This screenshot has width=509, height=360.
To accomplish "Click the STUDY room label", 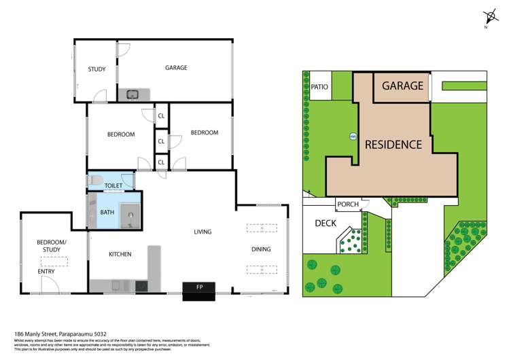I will (96, 69).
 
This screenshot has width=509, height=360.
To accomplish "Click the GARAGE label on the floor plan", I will (176, 68).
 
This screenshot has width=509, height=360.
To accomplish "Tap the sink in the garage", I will (132, 94).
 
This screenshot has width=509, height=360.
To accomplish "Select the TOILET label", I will (113, 184).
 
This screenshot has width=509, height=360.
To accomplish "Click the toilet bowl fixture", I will (95, 181).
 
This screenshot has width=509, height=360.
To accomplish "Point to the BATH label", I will (107, 212).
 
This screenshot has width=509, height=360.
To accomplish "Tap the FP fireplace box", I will (200, 287).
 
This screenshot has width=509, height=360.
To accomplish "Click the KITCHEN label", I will (120, 254).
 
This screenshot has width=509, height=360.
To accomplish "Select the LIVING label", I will (203, 232).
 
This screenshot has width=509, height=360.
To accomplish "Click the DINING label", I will (260, 249).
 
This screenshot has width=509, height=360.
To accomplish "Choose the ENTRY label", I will (46, 272).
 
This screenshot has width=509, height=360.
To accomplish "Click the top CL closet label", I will (161, 115).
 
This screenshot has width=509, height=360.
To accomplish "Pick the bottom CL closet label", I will (161, 163).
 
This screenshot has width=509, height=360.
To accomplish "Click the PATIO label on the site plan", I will (319, 87).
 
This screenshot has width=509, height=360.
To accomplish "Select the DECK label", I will (327, 223).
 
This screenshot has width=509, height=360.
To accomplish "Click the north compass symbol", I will (488, 18).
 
